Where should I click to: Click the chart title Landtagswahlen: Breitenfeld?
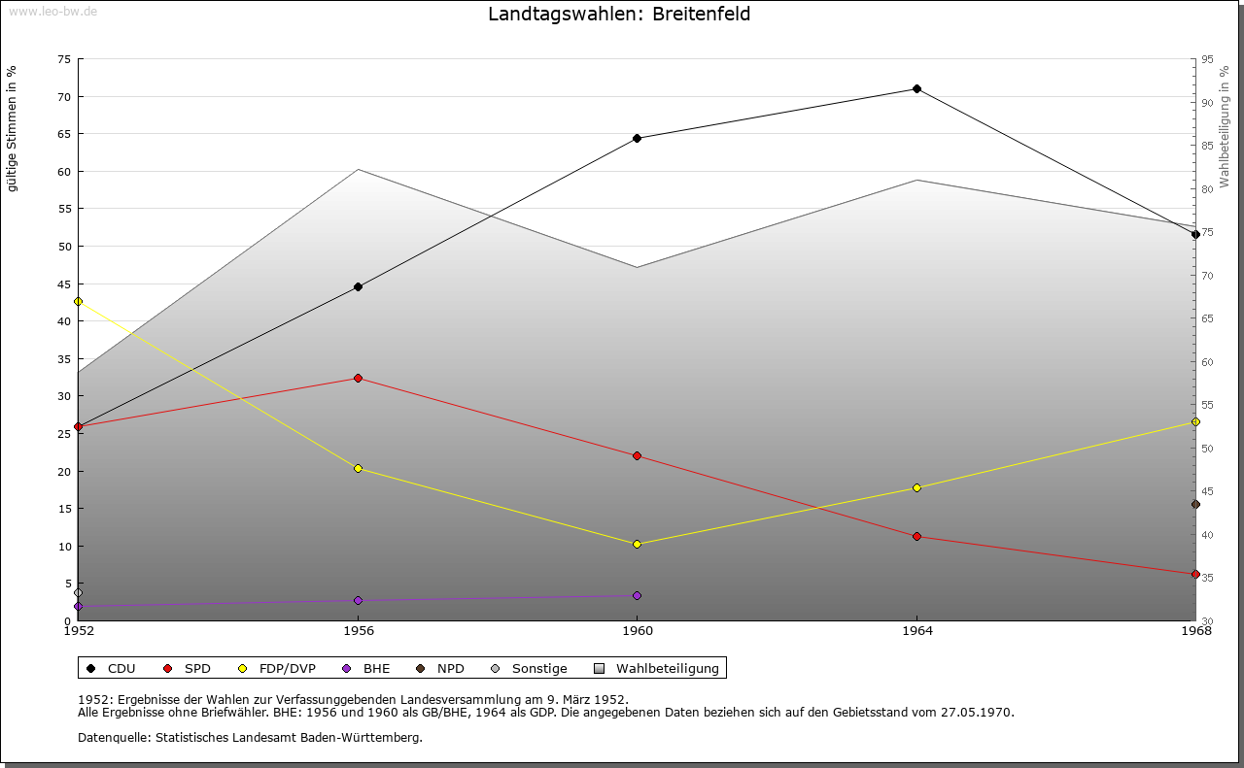[x=619, y=15]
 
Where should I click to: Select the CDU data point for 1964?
[x=916, y=89]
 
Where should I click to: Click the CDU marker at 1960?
[x=637, y=138]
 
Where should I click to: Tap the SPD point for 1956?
[x=358, y=378]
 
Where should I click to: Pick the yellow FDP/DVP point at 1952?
[x=78, y=301]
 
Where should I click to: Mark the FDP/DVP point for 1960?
[x=637, y=544]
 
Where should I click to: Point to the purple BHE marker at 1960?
[x=637, y=595]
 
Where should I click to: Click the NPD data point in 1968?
[x=1195, y=504]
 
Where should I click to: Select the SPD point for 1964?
[x=916, y=536]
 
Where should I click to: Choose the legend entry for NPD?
[x=441, y=668]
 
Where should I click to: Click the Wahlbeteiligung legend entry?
[x=657, y=668]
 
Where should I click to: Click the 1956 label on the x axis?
[x=358, y=632]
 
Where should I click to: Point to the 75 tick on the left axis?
[x=63, y=59]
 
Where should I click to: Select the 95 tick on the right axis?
[x=1207, y=59]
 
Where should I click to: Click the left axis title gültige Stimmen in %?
[x=13, y=129]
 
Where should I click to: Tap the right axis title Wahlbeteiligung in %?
[x=1225, y=127]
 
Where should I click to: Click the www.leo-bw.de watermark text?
[x=52, y=10]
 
